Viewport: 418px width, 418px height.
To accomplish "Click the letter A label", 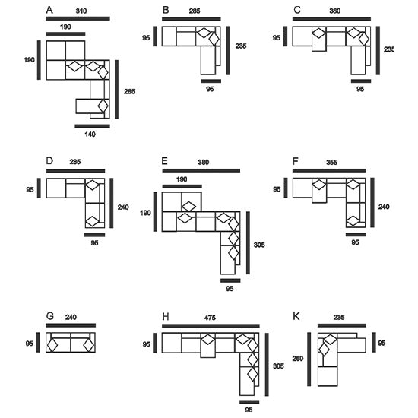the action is pyautogui.click(x=49, y=10).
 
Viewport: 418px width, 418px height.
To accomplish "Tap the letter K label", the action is pyautogui.click(x=296, y=316).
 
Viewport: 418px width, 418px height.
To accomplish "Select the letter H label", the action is pyautogui.click(x=166, y=317).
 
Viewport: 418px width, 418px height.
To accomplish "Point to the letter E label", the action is pyautogui.click(x=165, y=161).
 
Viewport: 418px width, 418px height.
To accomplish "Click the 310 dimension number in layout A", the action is pyautogui.click(x=81, y=11).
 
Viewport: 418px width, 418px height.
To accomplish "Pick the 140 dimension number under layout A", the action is pyautogui.click(x=90, y=135).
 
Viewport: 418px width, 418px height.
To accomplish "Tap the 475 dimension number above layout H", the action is pyautogui.click(x=210, y=318).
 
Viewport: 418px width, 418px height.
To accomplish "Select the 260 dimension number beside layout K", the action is pyautogui.click(x=298, y=359).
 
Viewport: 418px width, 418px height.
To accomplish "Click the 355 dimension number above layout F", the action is pyautogui.click(x=331, y=163).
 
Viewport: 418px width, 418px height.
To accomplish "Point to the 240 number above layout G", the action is pyautogui.click(x=71, y=317).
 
